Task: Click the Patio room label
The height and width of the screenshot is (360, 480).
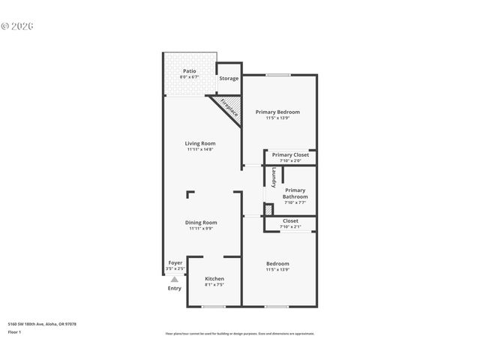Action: pos(189,70)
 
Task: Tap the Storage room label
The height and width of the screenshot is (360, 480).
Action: pos(229,78)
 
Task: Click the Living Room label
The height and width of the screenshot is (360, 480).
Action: pos(200,143)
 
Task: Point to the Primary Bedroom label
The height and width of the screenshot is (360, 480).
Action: pos(277,112)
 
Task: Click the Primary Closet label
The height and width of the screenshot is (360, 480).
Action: pos(290,154)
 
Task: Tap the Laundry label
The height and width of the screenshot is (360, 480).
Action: pos(274,174)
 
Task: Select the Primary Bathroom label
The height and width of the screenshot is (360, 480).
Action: pos(295,193)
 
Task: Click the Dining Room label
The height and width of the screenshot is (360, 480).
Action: pos(201,222)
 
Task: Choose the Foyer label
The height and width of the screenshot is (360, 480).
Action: pos(175,262)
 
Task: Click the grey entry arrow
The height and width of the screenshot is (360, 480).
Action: pos(174,279)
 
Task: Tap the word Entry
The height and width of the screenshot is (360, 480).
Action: pos(174,288)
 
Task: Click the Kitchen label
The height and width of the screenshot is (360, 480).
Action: pos(214,278)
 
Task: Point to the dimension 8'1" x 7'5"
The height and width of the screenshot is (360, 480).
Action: pos(214,285)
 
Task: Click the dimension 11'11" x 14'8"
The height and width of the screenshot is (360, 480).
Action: pos(200,150)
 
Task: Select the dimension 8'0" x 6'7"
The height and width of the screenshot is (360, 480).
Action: pos(189,77)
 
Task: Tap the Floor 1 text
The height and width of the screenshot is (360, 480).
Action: pos(15,331)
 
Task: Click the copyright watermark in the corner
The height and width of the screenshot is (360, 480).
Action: pos(18,25)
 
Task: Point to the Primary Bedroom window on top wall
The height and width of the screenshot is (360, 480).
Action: pos(278,74)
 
